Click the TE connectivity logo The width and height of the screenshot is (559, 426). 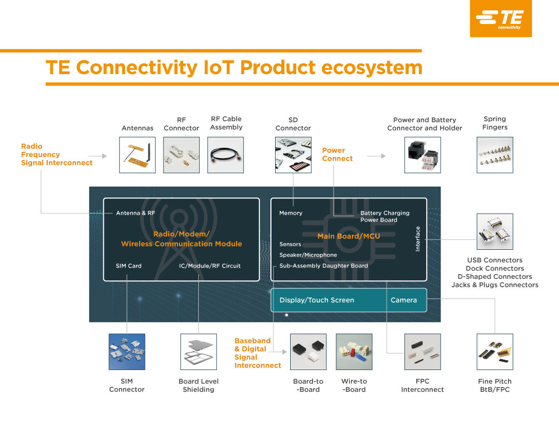click(500, 19)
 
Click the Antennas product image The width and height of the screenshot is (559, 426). click(138, 155)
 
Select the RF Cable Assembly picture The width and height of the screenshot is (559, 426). click(226, 155)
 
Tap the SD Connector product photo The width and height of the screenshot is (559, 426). click(293, 155)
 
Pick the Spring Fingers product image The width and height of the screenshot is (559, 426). click(495, 155)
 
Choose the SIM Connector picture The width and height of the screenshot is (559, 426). click(127, 351)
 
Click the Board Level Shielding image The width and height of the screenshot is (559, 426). click(198, 351)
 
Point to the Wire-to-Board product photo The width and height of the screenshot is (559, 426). click(355, 351)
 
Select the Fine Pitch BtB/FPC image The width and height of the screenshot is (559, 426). click(495, 351)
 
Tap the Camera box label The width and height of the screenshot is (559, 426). click(404, 300)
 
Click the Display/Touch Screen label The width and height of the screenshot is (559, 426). click(317, 300)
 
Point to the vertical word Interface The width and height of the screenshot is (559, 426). click(418, 239)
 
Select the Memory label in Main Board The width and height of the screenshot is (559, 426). click(291, 213)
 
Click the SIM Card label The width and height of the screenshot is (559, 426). click(129, 266)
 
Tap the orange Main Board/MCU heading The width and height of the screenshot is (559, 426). click(349, 236)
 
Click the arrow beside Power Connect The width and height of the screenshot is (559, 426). click(376, 155)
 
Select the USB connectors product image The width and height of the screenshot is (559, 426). click(495, 232)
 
